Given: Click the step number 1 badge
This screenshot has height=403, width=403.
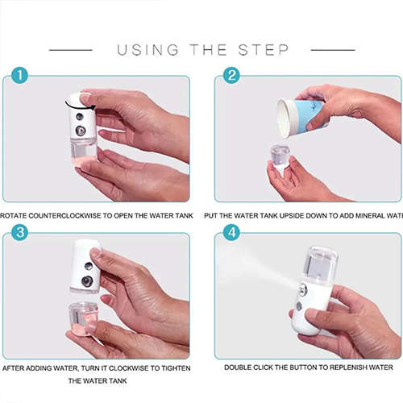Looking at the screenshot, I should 20,76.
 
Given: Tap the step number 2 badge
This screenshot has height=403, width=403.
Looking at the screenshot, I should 232,76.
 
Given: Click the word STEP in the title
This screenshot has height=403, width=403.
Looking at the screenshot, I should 263,50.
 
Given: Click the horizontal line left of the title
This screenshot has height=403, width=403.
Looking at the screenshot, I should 70,50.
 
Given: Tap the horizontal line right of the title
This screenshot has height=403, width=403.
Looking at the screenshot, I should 332,50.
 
